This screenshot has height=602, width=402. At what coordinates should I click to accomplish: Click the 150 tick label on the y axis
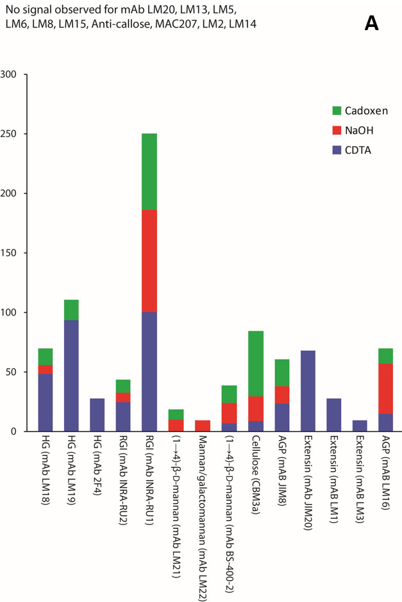(x=15, y=253)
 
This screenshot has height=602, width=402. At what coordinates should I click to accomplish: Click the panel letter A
(x=372, y=24)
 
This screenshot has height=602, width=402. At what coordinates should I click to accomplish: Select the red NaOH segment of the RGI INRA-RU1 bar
(x=149, y=261)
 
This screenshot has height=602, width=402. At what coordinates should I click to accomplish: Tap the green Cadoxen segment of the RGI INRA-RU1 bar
(x=149, y=171)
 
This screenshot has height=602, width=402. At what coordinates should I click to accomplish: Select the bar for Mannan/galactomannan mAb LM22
(x=202, y=426)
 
